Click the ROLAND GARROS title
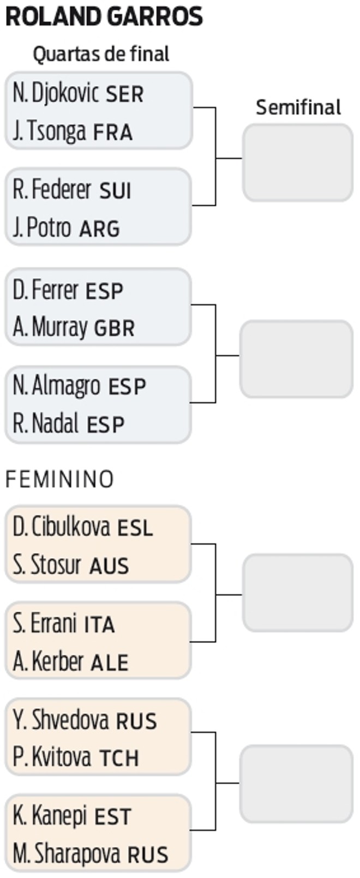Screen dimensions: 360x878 (104, 17)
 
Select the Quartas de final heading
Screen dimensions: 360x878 (101, 53)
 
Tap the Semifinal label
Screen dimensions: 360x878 (298, 107)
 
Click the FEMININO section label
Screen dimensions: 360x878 (59, 479)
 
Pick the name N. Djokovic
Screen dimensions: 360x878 (56, 94)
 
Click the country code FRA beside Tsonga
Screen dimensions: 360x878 (113, 133)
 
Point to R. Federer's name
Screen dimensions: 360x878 (52, 190)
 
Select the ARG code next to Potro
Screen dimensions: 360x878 (99, 229)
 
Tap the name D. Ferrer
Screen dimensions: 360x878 (45, 290)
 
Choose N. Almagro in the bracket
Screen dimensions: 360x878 (56, 386)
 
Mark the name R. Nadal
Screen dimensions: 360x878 (45, 423)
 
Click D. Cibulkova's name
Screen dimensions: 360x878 (61, 527)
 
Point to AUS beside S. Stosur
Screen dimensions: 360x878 (109, 566)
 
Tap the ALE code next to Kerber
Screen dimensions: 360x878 (109, 663)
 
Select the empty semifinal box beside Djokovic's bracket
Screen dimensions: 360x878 (298, 162)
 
